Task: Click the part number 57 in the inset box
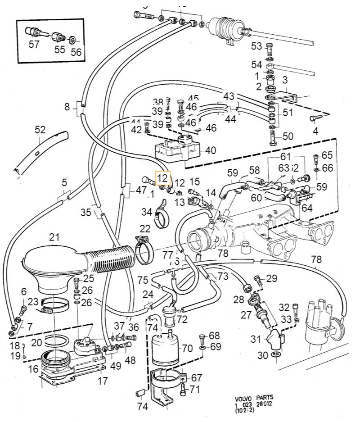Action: [x=34, y=44]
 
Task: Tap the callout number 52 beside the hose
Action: [x=40, y=130]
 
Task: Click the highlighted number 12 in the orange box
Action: [x=162, y=177]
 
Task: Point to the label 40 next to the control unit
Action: [x=211, y=150]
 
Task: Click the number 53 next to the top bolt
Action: [x=256, y=46]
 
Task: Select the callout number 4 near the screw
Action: [x=315, y=132]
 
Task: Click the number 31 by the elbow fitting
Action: [x=255, y=339]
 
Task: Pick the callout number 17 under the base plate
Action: [x=103, y=381]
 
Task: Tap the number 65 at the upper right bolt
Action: [x=327, y=155]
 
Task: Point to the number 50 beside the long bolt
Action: [x=287, y=136]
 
